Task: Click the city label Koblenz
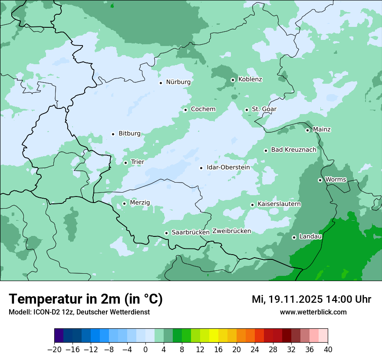coord(250,79)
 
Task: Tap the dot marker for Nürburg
coord(161,83)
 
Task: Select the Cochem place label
coord(203,109)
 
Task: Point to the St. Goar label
coord(264,109)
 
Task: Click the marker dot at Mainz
coord(307,130)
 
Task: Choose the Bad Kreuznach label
coord(293,150)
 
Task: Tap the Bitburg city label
coord(129,134)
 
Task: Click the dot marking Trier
coord(125,163)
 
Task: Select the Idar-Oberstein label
coord(228,167)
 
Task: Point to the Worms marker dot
coord(320,180)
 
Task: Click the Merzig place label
coord(140,203)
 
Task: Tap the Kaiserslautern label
coord(279,204)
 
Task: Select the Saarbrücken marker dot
coord(166,233)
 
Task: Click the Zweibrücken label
coord(231,231)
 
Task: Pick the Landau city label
coord(310,237)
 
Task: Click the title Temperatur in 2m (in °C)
coord(86,299)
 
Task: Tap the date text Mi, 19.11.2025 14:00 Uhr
coord(311,299)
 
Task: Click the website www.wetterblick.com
coord(313,312)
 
